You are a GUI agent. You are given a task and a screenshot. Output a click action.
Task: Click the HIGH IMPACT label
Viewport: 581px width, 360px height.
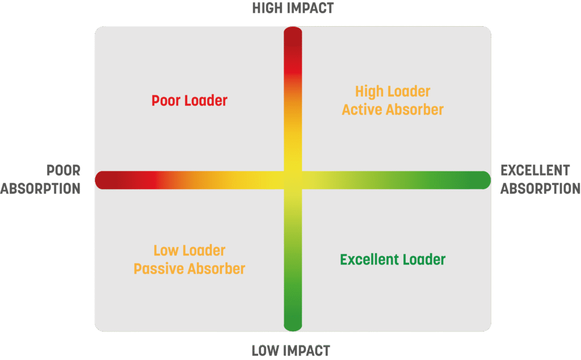tap(293, 8)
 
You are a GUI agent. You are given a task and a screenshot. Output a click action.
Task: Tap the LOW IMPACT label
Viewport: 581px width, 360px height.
tap(290, 351)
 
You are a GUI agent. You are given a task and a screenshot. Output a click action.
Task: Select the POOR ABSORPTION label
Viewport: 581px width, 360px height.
tap(41, 179)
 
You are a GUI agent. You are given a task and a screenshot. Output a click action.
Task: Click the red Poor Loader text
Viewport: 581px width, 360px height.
tap(190, 101)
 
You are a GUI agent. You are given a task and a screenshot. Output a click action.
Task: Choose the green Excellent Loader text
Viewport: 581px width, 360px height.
tap(393, 260)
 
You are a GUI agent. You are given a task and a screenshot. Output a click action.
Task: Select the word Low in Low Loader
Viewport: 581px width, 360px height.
tap(167, 250)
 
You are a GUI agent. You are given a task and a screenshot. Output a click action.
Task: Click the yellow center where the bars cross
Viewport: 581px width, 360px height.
tap(293, 179)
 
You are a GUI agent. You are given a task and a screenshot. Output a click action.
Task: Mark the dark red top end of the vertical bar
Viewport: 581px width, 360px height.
tap(293, 36)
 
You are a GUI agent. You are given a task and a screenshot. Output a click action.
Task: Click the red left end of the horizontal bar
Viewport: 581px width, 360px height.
tap(106, 179)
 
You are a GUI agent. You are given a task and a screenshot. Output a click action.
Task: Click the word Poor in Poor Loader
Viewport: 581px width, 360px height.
tap(165, 101)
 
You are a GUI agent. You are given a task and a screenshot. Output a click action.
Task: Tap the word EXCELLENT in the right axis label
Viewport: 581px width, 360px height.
tap(535, 170)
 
